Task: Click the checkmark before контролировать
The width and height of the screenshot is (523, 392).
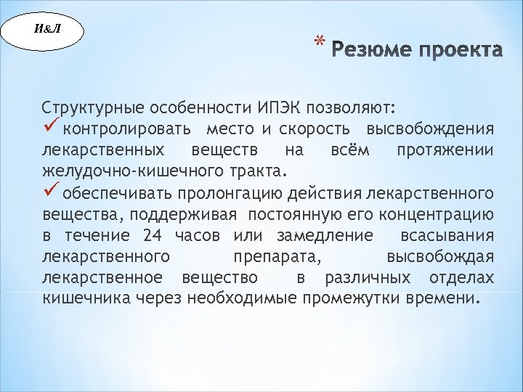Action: tap(51, 128)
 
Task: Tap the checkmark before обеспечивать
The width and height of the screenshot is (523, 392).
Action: tap(51, 192)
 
